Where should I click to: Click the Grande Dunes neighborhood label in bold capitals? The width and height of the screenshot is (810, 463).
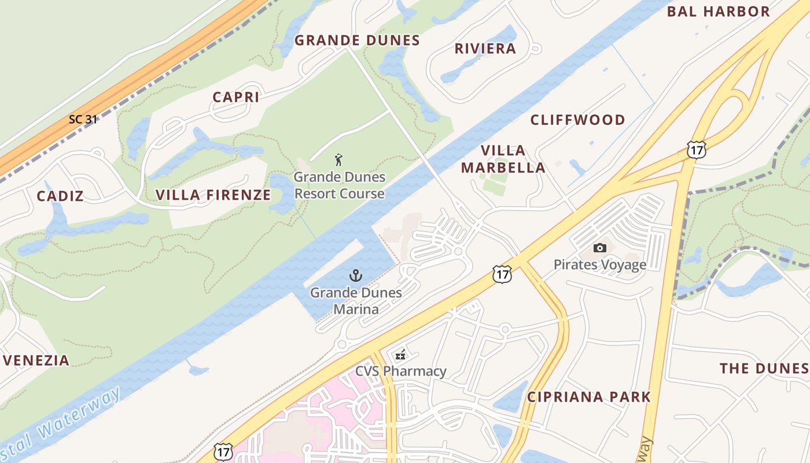tap(357, 41)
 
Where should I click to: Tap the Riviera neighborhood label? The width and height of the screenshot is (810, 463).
tap(485, 49)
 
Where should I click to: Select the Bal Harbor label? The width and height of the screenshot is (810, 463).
tap(718, 12)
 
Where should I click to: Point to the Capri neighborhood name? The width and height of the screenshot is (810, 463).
tap(235, 97)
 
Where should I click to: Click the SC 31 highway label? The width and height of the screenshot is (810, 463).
tap(83, 119)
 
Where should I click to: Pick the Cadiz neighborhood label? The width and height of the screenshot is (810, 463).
tap(60, 196)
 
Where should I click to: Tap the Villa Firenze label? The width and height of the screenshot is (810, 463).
tap(213, 195)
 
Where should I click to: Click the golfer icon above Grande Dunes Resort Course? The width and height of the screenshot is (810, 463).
tap(339, 160)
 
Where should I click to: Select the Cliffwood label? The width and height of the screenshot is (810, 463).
tap(577, 120)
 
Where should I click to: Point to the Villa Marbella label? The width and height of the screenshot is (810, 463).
tap(512, 159)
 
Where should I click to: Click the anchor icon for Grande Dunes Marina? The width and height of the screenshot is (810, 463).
tap(356, 275)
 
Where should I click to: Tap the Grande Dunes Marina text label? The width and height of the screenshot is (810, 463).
tap(356, 301)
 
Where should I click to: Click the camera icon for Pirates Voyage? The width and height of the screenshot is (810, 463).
tap(600, 248)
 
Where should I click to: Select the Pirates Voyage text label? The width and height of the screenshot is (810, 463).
tap(600, 265)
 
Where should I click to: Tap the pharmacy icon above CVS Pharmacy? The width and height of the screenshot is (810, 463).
tap(400, 355)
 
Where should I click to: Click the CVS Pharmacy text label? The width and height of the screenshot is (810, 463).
tap(400, 371)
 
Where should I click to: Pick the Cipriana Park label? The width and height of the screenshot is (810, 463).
tap(588, 397)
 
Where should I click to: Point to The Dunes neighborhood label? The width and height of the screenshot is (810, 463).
tap(763, 369)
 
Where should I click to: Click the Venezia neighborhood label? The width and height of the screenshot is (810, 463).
tap(36, 361)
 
